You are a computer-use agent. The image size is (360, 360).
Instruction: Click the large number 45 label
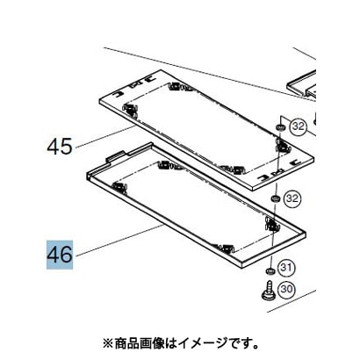60,147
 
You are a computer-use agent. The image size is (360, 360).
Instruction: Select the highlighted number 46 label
60,255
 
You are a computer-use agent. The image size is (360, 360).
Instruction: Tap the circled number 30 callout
286,289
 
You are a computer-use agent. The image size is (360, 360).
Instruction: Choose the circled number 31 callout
286,268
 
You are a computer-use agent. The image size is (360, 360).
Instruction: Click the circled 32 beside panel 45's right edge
299,126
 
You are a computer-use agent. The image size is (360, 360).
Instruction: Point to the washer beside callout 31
270,270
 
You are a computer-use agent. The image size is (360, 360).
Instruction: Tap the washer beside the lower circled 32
275,198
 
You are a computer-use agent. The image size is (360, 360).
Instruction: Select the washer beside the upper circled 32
280,127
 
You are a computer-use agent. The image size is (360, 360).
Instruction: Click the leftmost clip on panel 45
129,110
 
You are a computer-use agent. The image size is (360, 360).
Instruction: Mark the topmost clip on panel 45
175,86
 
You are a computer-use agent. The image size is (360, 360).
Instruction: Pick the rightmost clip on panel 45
282,146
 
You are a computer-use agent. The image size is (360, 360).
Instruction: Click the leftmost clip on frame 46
119,187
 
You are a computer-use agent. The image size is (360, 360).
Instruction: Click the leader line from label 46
119,241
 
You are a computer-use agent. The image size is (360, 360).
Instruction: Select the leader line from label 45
106,137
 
